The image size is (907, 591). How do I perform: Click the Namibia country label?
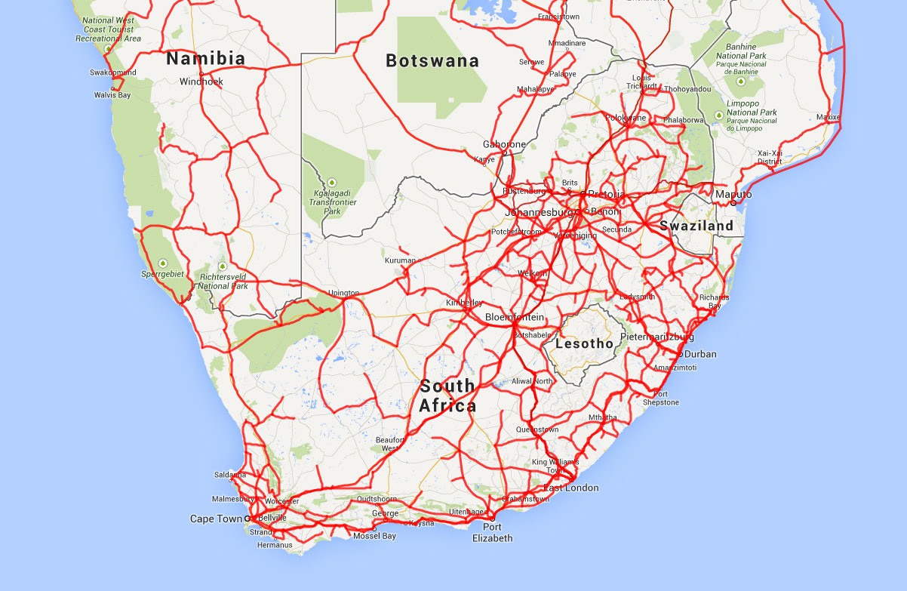point(205,59)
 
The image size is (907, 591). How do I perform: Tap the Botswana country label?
point(432,61)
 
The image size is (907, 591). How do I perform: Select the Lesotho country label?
point(584,343)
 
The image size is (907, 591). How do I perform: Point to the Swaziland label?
point(696,226)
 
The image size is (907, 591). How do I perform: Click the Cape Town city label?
point(216,519)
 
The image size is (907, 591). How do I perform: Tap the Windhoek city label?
point(201,82)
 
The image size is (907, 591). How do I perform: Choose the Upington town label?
point(344,293)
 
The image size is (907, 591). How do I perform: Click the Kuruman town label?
point(400,260)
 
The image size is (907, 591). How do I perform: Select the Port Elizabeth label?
point(492,532)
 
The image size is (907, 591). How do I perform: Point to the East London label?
point(571,488)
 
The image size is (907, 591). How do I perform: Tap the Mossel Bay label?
point(374,536)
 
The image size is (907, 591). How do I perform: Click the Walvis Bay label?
point(112,95)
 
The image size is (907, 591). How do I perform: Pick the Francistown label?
point(558,17)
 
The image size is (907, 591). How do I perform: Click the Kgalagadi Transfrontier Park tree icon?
point(332,183)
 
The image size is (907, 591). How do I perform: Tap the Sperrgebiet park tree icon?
point(163,263)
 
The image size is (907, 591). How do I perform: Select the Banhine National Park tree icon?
point(741,81)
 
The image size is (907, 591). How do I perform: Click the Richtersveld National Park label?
point(223,282)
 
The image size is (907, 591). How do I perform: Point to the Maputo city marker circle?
point(733,202)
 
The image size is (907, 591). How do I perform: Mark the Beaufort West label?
point(390,444)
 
